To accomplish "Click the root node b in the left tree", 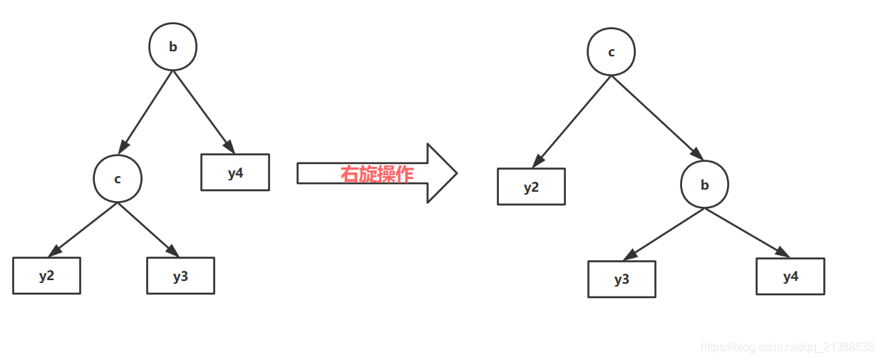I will (172, 46).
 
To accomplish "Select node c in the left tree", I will (118, 178).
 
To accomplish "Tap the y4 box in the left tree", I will (235, 173).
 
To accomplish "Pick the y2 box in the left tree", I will (46, 276).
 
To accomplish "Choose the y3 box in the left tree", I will (180, 276).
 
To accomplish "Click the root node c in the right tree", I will (611, 52).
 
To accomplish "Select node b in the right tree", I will (704, 185).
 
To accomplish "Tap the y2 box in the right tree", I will (531, 187).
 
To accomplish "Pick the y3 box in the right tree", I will (622, 279).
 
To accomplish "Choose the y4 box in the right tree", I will (790, 277).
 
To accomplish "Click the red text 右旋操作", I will (376, 174).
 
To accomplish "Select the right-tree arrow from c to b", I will (656, 117).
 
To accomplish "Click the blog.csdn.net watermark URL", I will (788, 347).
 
